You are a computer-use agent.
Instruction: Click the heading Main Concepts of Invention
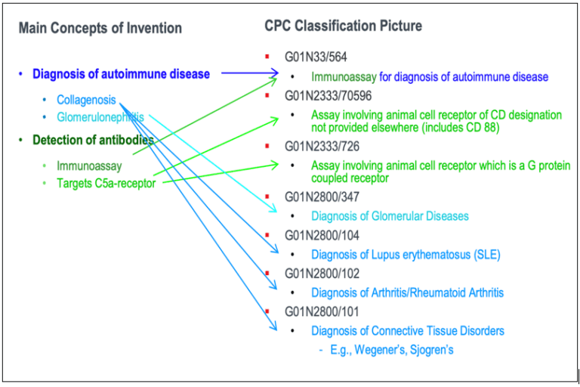100,29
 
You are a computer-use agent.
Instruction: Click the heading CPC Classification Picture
343,26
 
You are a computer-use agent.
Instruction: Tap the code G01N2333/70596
329,96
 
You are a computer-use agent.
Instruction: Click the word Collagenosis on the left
86,100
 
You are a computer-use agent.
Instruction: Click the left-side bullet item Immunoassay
89,166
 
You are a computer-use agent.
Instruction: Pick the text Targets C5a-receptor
106,182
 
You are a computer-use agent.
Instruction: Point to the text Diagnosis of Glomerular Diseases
390,216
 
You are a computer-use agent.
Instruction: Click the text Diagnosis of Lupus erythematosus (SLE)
406,254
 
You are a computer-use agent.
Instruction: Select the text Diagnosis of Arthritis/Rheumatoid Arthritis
407,292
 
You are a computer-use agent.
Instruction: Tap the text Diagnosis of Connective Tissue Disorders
407,330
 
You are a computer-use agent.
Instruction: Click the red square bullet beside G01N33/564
267,57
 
